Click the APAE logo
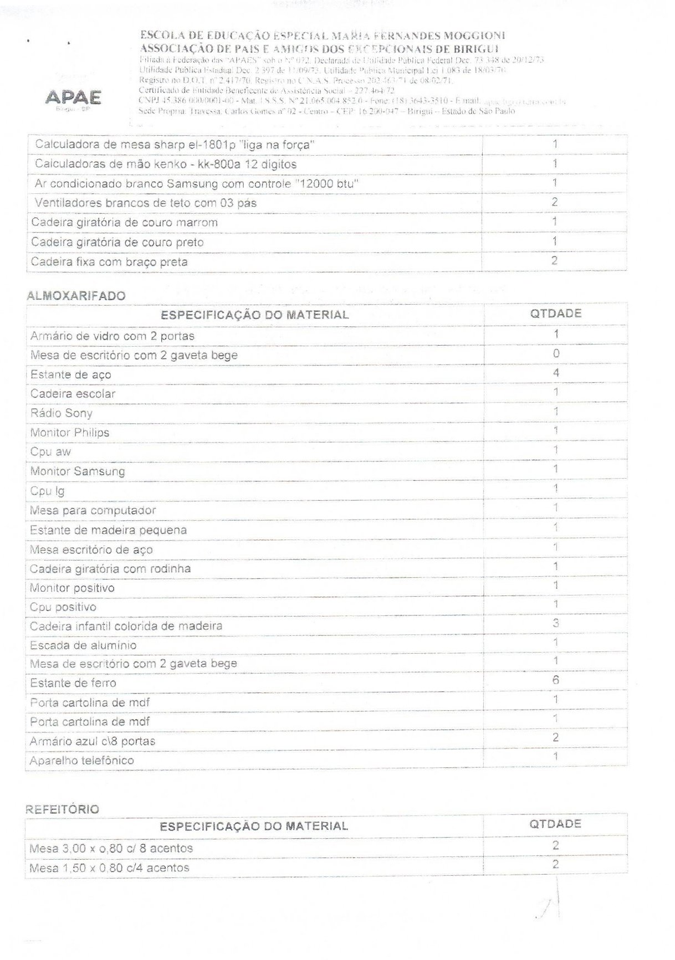(x=73, y=98)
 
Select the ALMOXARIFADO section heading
(x=76, y=296)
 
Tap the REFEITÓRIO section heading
(x=63, y=809)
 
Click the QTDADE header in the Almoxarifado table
(x=555, y=314)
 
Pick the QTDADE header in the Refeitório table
(x=555, y=824)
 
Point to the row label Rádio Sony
(x=62, y=413)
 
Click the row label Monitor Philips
(x=70, y=433)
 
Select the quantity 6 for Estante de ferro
(x=555, y=680)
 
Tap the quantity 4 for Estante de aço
(x=556, y=373)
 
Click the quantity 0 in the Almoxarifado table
(x=556, y=353)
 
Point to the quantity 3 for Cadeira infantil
(x=555, y=623)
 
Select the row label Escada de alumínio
(x=83, y=645)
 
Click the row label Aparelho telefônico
(x=82, y=761)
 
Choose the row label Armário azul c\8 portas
(x=93, y=741)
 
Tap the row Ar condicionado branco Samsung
(x=196, y=184)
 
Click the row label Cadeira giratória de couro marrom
(x=124, y=223)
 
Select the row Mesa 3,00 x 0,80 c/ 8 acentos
(x=111, y=849)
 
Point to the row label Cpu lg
(x=48, y=491)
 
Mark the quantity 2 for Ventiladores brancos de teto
(x=554, y=202)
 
